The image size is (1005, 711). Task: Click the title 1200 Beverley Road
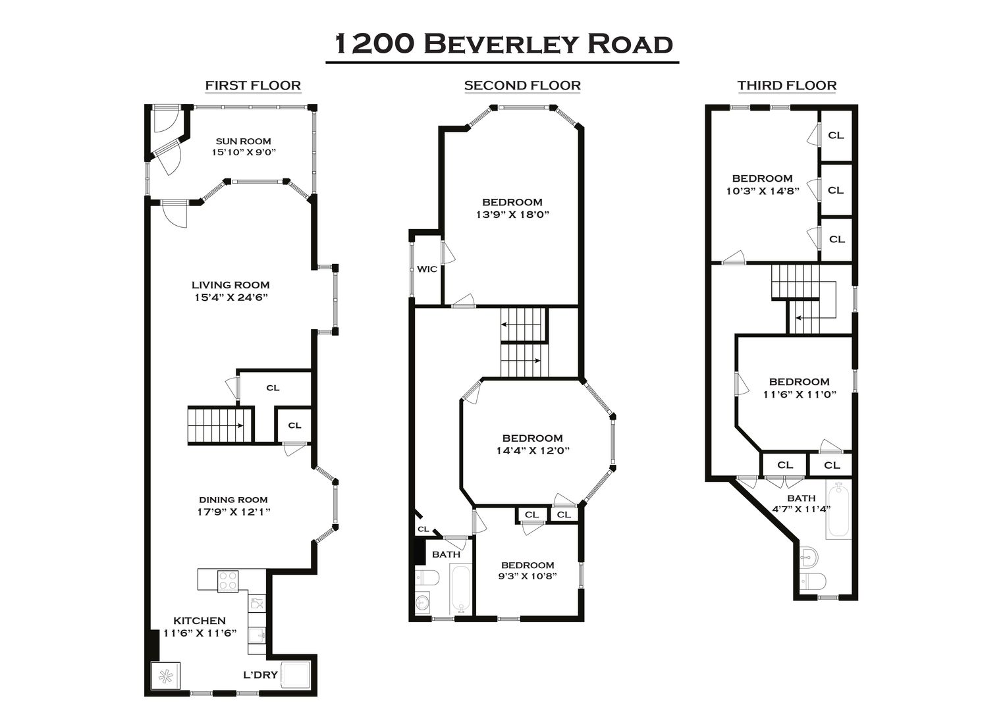click(x=503, y=44)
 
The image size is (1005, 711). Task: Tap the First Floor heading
click(x=253, y=85)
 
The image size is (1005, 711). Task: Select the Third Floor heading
click(x=787, y=85)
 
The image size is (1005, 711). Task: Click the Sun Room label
click(x=244, y=142)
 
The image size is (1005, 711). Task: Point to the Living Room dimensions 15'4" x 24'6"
click(x=231, y=297)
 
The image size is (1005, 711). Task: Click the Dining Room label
click(x=233, y=500)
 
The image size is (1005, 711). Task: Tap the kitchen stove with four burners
click(x=228, y=581)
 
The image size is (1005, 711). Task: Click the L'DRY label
click(x=260, y=675)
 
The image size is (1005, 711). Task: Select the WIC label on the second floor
click(x=427, y=269)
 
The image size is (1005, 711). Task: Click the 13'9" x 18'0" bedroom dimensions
click(x=512, y=215)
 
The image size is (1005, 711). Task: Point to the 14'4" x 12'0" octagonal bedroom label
click(x=533, y=444)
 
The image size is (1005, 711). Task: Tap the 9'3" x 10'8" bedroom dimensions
click(x=528, y=576)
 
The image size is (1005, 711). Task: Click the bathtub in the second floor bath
click(x=460, y=590)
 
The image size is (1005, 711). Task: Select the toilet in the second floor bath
click(x=427, y=578)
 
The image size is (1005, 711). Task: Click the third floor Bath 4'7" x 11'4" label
click(x=801, y=504)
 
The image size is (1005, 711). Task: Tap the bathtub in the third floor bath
click(x=838, y=510)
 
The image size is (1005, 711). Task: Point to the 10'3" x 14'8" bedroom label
click(x=763, y=185)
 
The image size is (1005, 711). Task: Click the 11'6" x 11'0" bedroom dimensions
click(x=800, y=395)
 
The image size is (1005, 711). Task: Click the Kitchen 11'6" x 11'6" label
click(x=200, y=627)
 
